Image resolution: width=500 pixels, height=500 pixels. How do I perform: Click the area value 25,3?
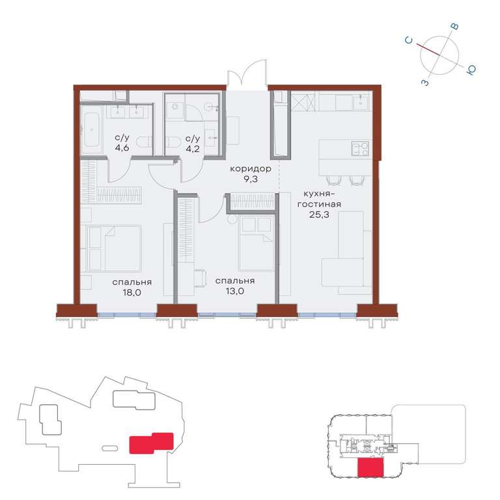[319, 215]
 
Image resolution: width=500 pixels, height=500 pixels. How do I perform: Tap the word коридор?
[251, 169]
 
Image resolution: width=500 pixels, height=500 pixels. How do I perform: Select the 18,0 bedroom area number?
[132, 292]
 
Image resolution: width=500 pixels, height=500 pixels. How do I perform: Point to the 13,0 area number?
[234, 291]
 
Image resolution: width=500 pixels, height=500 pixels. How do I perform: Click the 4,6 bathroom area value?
[122, 148]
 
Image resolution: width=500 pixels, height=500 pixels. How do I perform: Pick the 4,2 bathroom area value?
[193, 148]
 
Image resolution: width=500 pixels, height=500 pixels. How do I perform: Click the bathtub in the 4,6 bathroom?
[92, 130]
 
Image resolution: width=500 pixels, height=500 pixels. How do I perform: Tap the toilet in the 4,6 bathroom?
[144, 142]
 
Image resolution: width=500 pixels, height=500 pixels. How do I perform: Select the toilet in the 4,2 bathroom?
[173, 142]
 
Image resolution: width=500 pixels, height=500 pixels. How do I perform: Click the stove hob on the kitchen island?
[360, 148]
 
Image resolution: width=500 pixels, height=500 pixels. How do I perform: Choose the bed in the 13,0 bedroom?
[257, 243]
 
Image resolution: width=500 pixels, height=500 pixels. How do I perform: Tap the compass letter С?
[409, 40]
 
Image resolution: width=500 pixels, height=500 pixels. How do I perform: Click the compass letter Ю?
[471, 70]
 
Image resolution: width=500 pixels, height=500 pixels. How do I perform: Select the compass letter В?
[455, 27]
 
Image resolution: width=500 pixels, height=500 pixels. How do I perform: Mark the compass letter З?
[425, 83]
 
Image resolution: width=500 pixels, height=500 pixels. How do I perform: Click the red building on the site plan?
[151, 443]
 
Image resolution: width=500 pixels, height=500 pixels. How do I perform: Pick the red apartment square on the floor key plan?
[370, 467]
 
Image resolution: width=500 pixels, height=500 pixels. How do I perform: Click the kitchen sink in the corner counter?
[361, 103]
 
